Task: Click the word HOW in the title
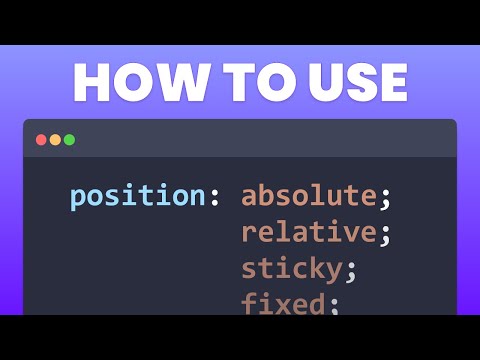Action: [x=132, y=83]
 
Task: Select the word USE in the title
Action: [x=351, y=83]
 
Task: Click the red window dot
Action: [x=41, y=140]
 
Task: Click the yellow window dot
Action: [x=55, y=140]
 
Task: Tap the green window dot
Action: [x=69, y=140]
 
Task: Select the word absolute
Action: [x=308, y=196]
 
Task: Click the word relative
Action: [x=308, y=233]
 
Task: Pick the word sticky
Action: [x=289, y=269]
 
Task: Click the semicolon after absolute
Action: [x=385, y=199]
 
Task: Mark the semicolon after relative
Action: [x=385, y=236]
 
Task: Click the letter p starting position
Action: [x=78, y=199]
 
